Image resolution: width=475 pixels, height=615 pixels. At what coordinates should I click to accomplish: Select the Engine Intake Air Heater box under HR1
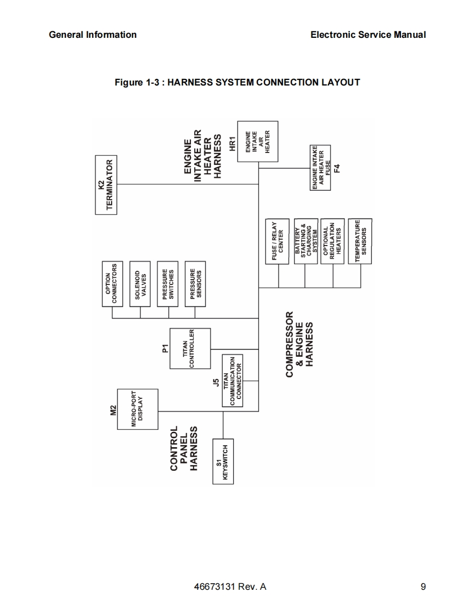click(x=257, y=141)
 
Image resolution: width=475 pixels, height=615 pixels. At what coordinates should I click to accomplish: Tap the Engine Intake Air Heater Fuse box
click(x=321, y=168)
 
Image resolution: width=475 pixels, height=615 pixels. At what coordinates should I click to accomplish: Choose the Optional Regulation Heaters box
click(x=333, y=242)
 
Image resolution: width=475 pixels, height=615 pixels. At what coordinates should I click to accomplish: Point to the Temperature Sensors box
click(x=360, y=242)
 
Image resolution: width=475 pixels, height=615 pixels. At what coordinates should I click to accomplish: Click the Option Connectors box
click(x=112, y=283)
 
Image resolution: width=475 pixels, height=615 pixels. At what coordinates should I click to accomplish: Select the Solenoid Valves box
click(x=140, y=283)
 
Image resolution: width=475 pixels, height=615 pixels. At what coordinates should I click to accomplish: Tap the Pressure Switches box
click(x=168, y=283)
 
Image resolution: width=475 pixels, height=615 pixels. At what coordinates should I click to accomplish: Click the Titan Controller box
click(x=190, y=349)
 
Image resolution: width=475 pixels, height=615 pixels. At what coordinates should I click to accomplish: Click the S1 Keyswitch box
click(x=223, y=462)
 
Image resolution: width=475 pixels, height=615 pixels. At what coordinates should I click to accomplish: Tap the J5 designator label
click(x=216, y=382)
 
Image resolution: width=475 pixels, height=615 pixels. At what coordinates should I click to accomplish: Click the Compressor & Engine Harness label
click(x=299, y=344)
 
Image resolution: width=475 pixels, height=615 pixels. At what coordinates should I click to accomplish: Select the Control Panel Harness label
click(x=184, y=449)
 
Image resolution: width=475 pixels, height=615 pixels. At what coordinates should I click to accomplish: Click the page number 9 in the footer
click(x=423, y=587)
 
